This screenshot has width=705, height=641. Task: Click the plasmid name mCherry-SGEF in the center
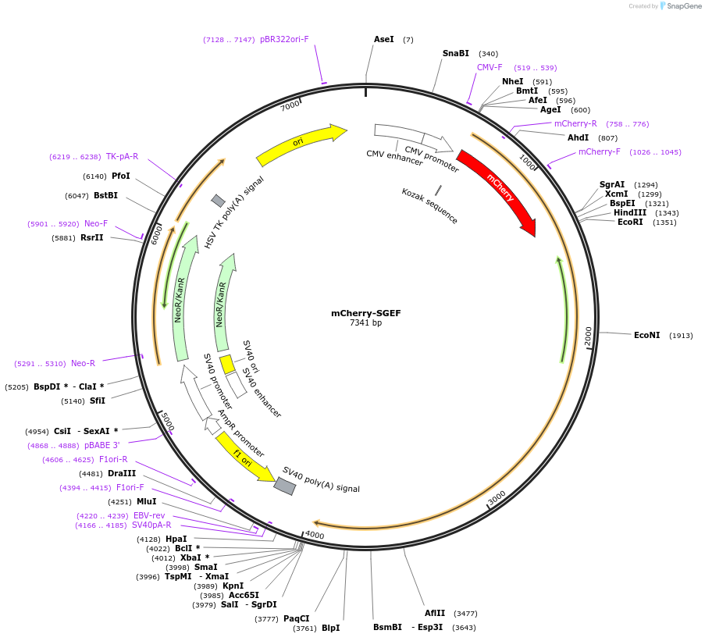(365, 313)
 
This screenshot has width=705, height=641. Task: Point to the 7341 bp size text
(365, 323)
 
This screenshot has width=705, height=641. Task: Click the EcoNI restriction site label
(646, 336)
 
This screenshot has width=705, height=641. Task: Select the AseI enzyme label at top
(383, 39)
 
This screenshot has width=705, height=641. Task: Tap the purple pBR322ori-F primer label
(284, 39)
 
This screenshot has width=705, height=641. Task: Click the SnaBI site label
(455, 54)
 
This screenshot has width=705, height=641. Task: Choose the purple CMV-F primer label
(490, 68)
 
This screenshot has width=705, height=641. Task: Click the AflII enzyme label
(435, 614)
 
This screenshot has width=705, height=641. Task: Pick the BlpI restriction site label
(331, 628)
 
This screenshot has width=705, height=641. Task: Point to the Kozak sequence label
(429, 205)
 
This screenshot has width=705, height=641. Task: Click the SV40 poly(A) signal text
(321, 479)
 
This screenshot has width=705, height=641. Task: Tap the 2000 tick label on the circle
(588, 337)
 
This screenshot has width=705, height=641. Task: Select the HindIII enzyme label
(629, 212)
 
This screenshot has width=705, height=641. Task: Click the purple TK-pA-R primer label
(122, 157)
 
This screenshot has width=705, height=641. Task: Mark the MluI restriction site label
(146, 502)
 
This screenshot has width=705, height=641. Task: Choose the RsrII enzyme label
(91, 238)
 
